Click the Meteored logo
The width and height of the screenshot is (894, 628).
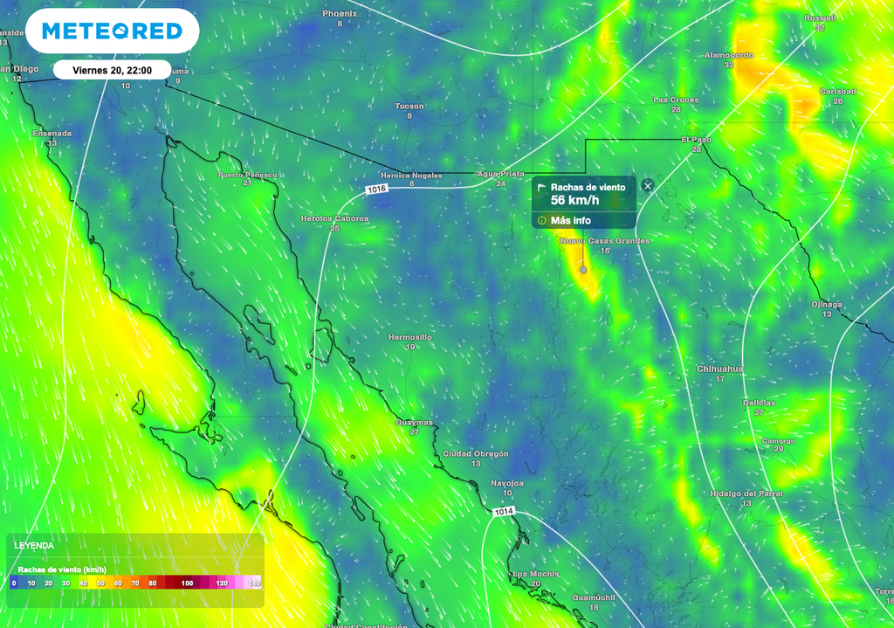click(x=112, y=31)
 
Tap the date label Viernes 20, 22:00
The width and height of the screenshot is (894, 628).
click(x=112, y=70)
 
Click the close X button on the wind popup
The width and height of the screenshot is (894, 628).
click(x=647, y=185)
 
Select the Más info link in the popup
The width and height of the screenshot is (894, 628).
click(x=570, y=220)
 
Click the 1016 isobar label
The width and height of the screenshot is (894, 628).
click(x=377, y=189)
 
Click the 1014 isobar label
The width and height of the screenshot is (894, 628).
click(x=503, y=511)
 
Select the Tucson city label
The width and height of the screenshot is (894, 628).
click(x=409, y=107)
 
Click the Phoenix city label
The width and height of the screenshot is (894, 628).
click(x=340, y=14)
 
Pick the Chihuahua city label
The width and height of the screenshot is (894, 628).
click(x=719, y=369)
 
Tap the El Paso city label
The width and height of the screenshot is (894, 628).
click(x=696, y=140)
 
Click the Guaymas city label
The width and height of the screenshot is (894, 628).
click(x=414, y=422)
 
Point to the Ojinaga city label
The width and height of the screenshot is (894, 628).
click(x=826, y=304)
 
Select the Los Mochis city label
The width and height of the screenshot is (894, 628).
click(x=534, y=574)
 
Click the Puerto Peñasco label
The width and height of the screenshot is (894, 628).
click(x=247, y=175)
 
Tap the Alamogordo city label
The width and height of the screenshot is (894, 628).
click(x=728, y=55)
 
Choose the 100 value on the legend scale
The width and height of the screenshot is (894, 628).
click(x=187, y=583)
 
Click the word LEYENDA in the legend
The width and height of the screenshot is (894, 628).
click(x=34, y=546)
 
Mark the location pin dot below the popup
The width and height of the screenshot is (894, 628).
click(x=583, y=271)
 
